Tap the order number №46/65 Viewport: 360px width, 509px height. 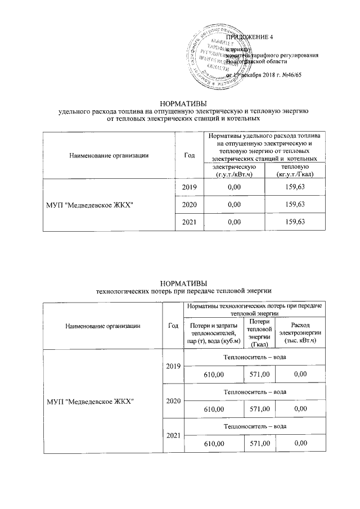coord(290,75)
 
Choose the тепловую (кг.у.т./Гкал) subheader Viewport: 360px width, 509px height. coord(295,171)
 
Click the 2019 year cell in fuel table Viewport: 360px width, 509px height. coord(189,187)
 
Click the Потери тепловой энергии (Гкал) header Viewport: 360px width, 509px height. coord(259,332)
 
